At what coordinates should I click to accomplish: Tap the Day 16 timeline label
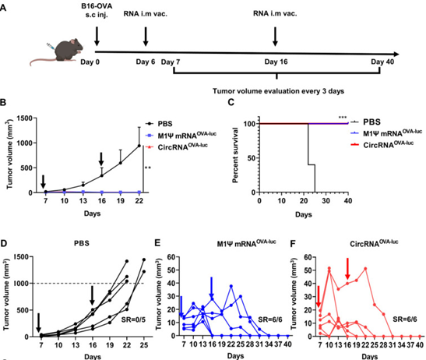click(274, 62)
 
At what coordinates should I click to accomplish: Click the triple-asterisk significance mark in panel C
click(343, 118)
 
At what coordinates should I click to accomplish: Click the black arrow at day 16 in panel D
click(93, 295)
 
